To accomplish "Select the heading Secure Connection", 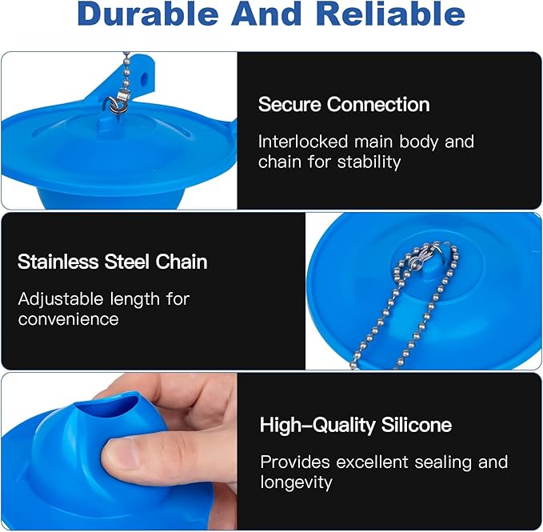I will coord(344,104).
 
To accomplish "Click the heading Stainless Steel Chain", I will coord(113,262).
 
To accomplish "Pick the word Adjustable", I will coord(59,299).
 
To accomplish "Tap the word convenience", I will coord(68,319).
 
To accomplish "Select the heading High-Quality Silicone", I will coord(356,425).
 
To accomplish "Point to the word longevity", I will coord(296,482).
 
